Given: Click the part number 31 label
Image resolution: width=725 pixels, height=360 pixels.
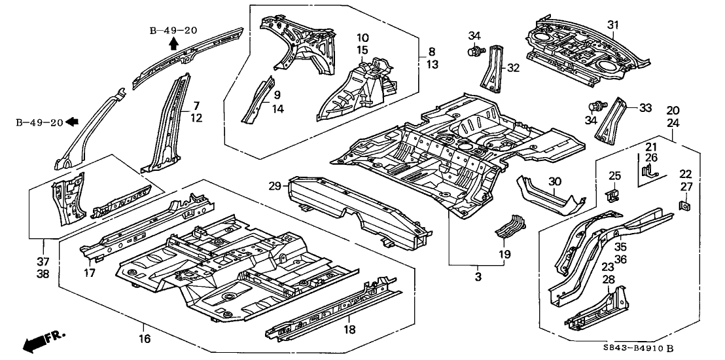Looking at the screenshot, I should pyautogui.click(x=612, y=25).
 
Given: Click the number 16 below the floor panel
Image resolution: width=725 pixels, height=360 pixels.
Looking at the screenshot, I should pyautogui.click(x=145, y=338).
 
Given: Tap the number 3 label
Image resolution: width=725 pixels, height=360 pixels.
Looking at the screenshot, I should pyautogui.click(x=478, y=278).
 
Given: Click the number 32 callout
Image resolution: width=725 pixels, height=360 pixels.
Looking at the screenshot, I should pyautogui.click(x=513, y=67).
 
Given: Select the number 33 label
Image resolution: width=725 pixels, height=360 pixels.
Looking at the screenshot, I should pyautogui.click(x=645, y=108).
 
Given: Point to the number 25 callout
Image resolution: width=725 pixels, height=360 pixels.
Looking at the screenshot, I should pyautogui.click(x=614, y=175).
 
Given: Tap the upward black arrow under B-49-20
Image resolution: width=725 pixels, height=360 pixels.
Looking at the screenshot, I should pyautogui.click(x=173, y=45).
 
